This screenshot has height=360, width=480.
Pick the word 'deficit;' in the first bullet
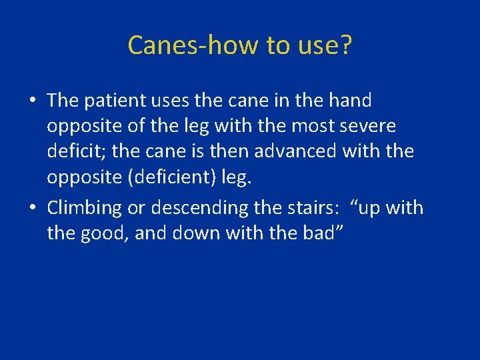pyautogui.click(x=76, y=151)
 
